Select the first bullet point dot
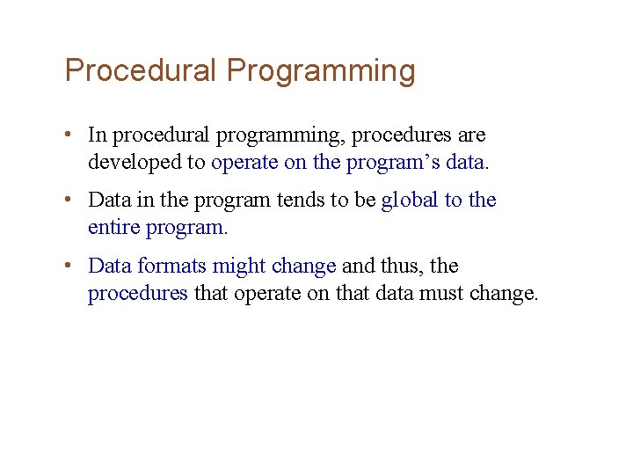click(x=68, y=135)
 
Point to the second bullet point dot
click(x=68, y=201)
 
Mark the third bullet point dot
click(x=68, y=266)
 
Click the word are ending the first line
click(x=472, y=136)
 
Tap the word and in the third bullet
click(x=357, y=266)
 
